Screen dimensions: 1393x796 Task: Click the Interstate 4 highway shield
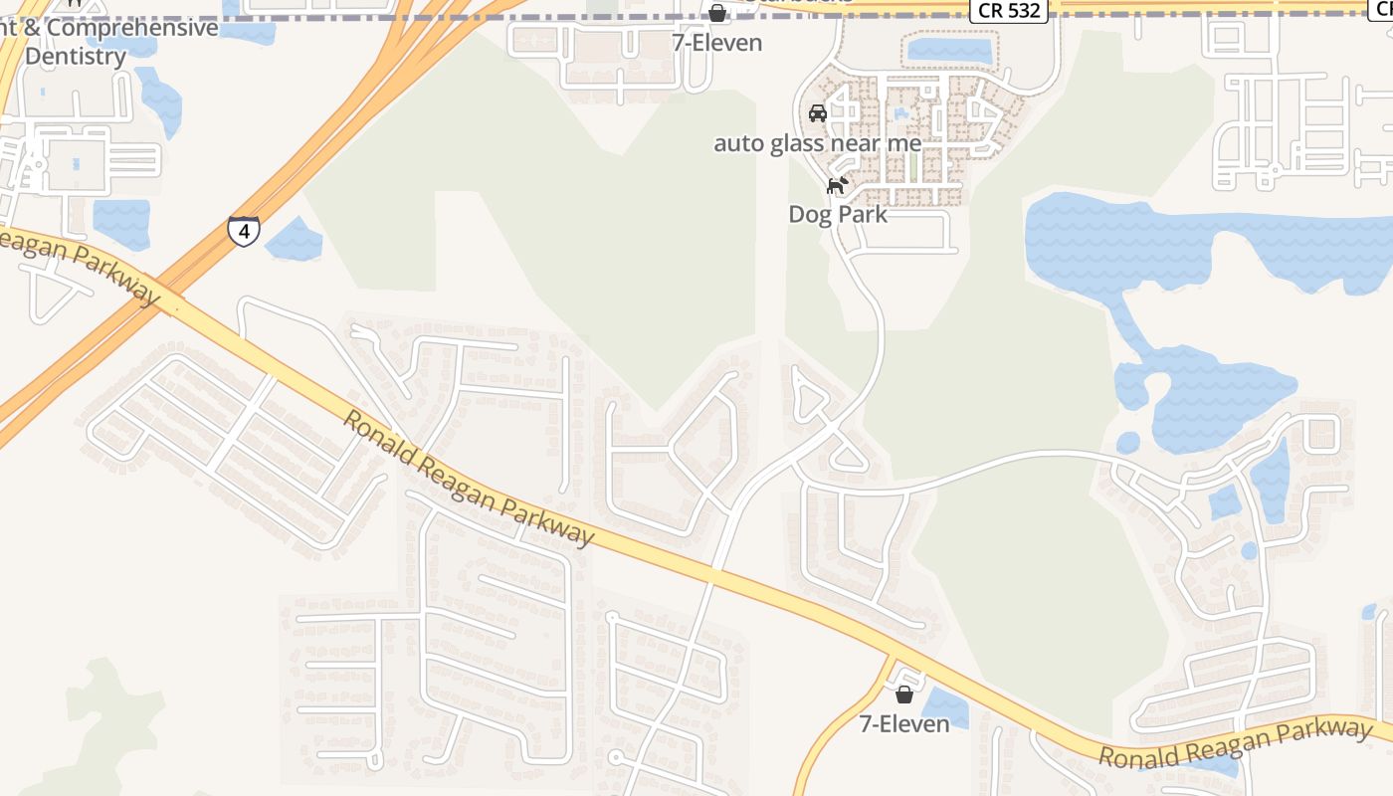244,231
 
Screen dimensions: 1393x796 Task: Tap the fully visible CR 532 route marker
1009,11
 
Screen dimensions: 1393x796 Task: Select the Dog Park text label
837,214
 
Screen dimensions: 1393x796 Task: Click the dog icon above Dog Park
838,185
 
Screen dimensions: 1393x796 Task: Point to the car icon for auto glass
818,113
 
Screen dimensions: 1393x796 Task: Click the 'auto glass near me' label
818,143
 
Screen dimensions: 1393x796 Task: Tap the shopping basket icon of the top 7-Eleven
716,13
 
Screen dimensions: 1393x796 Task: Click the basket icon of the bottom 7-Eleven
904,695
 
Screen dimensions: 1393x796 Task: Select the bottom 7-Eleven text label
904,723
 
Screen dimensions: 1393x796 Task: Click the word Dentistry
76,56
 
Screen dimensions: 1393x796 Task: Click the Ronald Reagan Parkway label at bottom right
1235,743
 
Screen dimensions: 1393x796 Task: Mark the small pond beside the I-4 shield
294,240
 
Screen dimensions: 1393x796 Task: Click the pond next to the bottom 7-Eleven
945,709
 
